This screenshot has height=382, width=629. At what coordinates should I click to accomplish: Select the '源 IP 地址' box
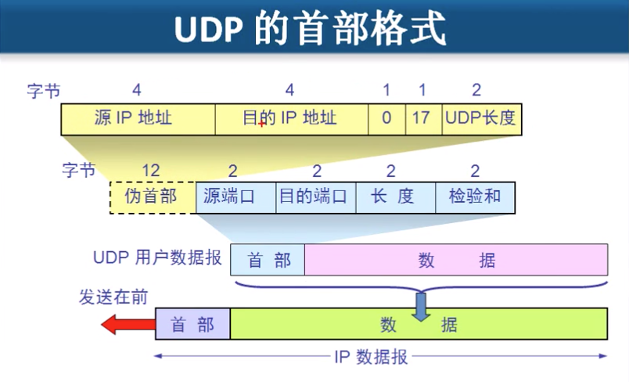pyautogui.click(x=138, y=119)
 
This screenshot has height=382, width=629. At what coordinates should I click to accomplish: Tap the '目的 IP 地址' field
pyautogui.click(x=291, y=119)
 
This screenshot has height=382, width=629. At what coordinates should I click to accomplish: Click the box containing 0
pyautogui.click(x=386, y=119)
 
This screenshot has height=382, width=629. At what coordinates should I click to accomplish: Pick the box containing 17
pyautogui.click(x=423, y=119)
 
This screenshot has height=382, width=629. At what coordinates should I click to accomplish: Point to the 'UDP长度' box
pyautogui.click(x=480, y=119)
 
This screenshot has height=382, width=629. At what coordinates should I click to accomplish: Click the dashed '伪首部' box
pyautogui.click(x=153, y=197)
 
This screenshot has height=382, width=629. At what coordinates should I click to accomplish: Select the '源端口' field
pyautogui.click(x=235, y=197)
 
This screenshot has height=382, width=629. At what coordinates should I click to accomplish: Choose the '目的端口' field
pyautogui.click(x=316, y=197)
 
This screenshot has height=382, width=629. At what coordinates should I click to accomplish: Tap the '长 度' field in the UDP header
pyautogui.click(x=395, y=197)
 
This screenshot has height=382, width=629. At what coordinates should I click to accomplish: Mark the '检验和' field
pyautogui.click(x=475, y=197)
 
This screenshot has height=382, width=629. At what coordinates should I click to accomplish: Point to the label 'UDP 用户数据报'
pyautogui.click(x=157, y=258)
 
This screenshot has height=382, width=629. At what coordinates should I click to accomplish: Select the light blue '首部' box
pyautogui.click(x=268, y=260)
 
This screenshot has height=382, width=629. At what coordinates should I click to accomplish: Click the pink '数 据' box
pyautogui.click(x=456, y=260)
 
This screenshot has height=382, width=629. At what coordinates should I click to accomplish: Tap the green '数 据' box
pyautogui.click(x=419, y=323)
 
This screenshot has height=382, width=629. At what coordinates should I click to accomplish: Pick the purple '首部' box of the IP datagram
pyautogui.click(x=192, y=323)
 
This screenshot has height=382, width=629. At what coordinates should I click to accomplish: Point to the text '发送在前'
pyautogui.click(x=113, y=298)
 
